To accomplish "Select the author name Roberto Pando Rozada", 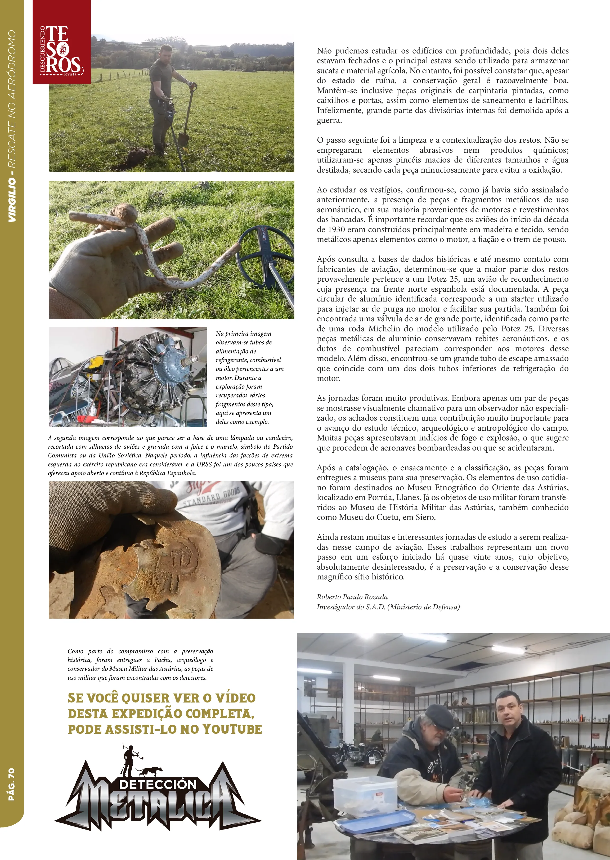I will (352, 597).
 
